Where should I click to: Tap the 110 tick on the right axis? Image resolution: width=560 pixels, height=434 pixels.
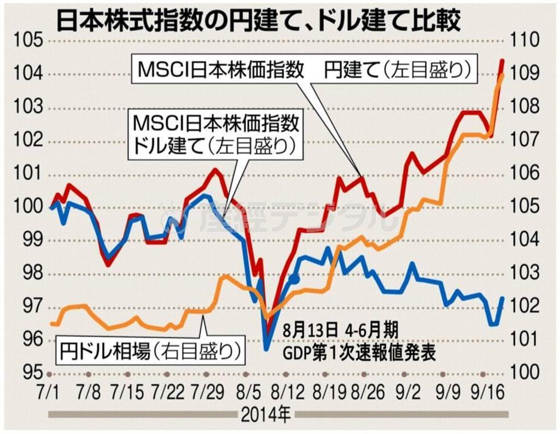[525, 40]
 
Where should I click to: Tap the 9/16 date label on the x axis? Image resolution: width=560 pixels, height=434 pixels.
[483, 392]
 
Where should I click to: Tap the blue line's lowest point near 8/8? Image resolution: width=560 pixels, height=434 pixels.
[266, 348]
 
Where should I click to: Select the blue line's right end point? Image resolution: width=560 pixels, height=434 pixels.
[502, 298]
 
